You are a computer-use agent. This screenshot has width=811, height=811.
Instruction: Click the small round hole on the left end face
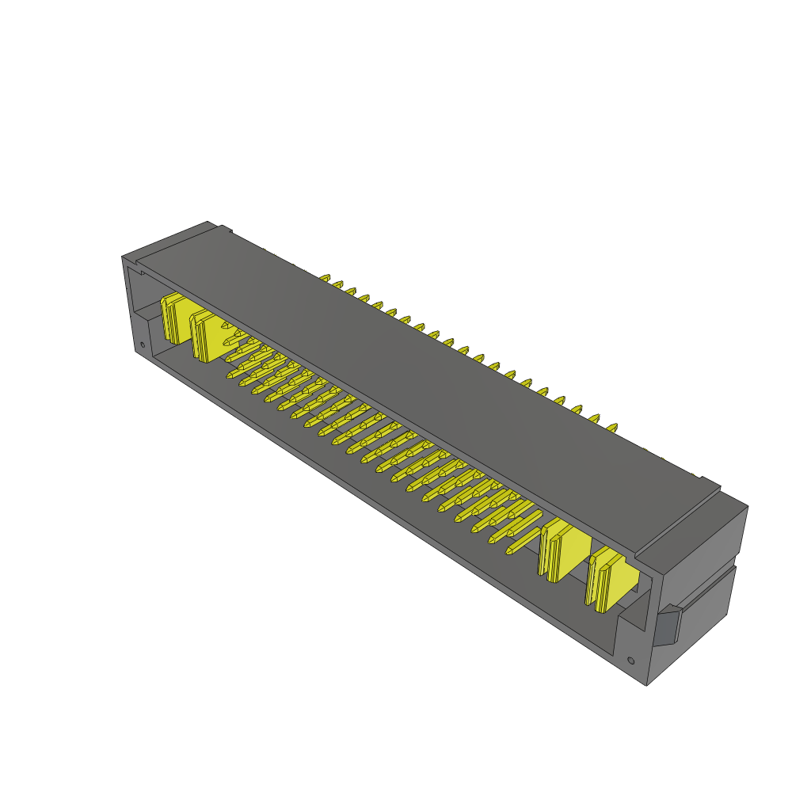click(142, 345)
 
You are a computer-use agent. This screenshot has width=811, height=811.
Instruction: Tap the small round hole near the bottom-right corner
click(630, 660)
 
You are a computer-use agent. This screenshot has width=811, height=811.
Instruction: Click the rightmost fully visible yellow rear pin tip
click(611, 428)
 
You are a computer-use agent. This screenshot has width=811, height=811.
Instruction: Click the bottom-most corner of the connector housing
click(648, 685)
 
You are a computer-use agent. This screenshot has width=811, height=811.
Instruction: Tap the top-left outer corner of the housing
click(122, 257)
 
